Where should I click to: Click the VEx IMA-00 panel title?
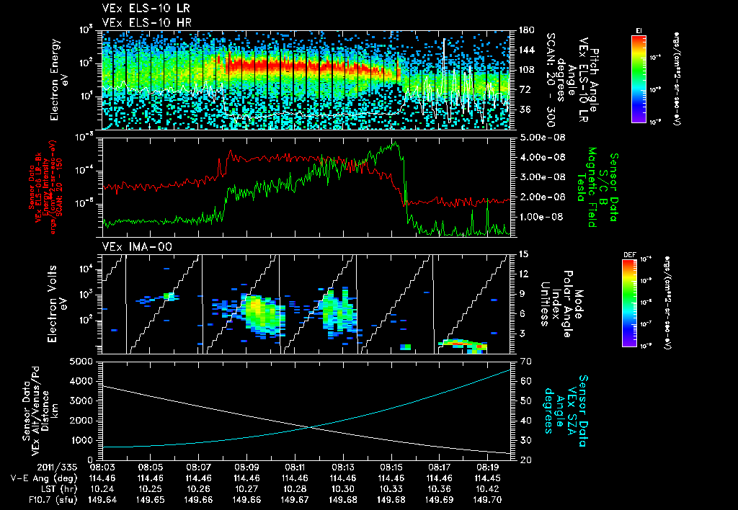pos(129,246)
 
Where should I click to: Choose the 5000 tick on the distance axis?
pos(84,361)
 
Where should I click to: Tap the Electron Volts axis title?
pos(59,303)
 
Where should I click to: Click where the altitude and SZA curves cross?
pos(311,427)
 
